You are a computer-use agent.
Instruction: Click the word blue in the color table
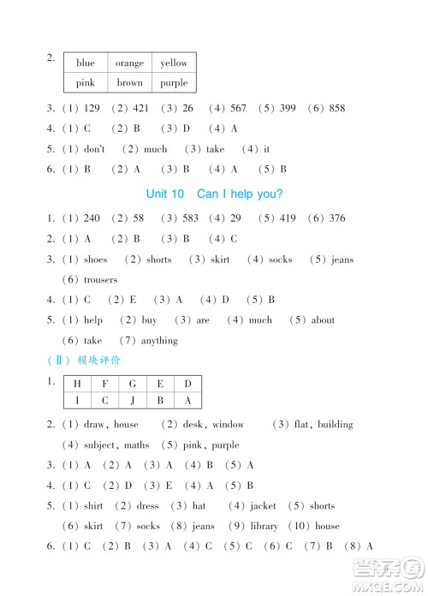coord(86,63)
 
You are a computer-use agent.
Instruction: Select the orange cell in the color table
coord(130,63)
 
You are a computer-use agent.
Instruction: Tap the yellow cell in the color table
coord(174,63)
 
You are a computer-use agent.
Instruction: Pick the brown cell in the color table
coord(130,83)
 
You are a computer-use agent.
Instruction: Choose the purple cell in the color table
coord(174,83)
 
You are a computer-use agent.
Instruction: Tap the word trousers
coord(101,280)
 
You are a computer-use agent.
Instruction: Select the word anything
coord(159,341)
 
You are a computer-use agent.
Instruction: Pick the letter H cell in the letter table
coord(78,383)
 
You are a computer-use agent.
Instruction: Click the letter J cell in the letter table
coord(133,401)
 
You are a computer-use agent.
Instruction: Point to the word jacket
coord(264,506)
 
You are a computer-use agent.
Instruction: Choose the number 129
coord(92,109)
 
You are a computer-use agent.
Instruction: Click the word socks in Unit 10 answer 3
coord(280,259)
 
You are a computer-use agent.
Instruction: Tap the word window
coord(229,425)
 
